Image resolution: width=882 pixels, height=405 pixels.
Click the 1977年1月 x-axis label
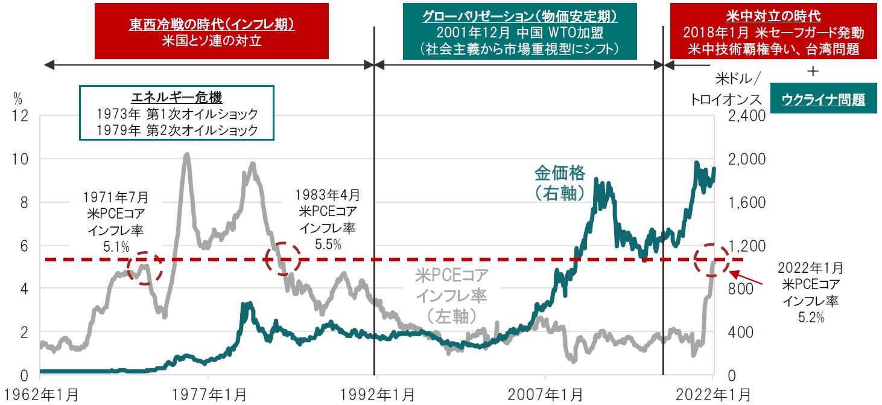(x=208, y=395)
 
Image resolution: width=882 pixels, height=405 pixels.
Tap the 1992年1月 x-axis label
(x=376, y=395)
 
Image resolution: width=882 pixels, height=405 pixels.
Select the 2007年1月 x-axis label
(x=545, y=395)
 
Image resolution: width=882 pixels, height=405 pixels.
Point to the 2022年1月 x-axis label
(x=712, y=395)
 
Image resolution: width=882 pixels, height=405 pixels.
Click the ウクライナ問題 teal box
(x=823, y=100)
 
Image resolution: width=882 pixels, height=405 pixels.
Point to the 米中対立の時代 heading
(x=773, y=16)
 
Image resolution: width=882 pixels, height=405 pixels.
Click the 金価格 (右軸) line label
(x=560, y=182)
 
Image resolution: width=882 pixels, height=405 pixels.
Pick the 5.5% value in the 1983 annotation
(x=328, y=244)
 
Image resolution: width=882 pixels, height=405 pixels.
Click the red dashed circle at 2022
(x=712, y=260)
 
